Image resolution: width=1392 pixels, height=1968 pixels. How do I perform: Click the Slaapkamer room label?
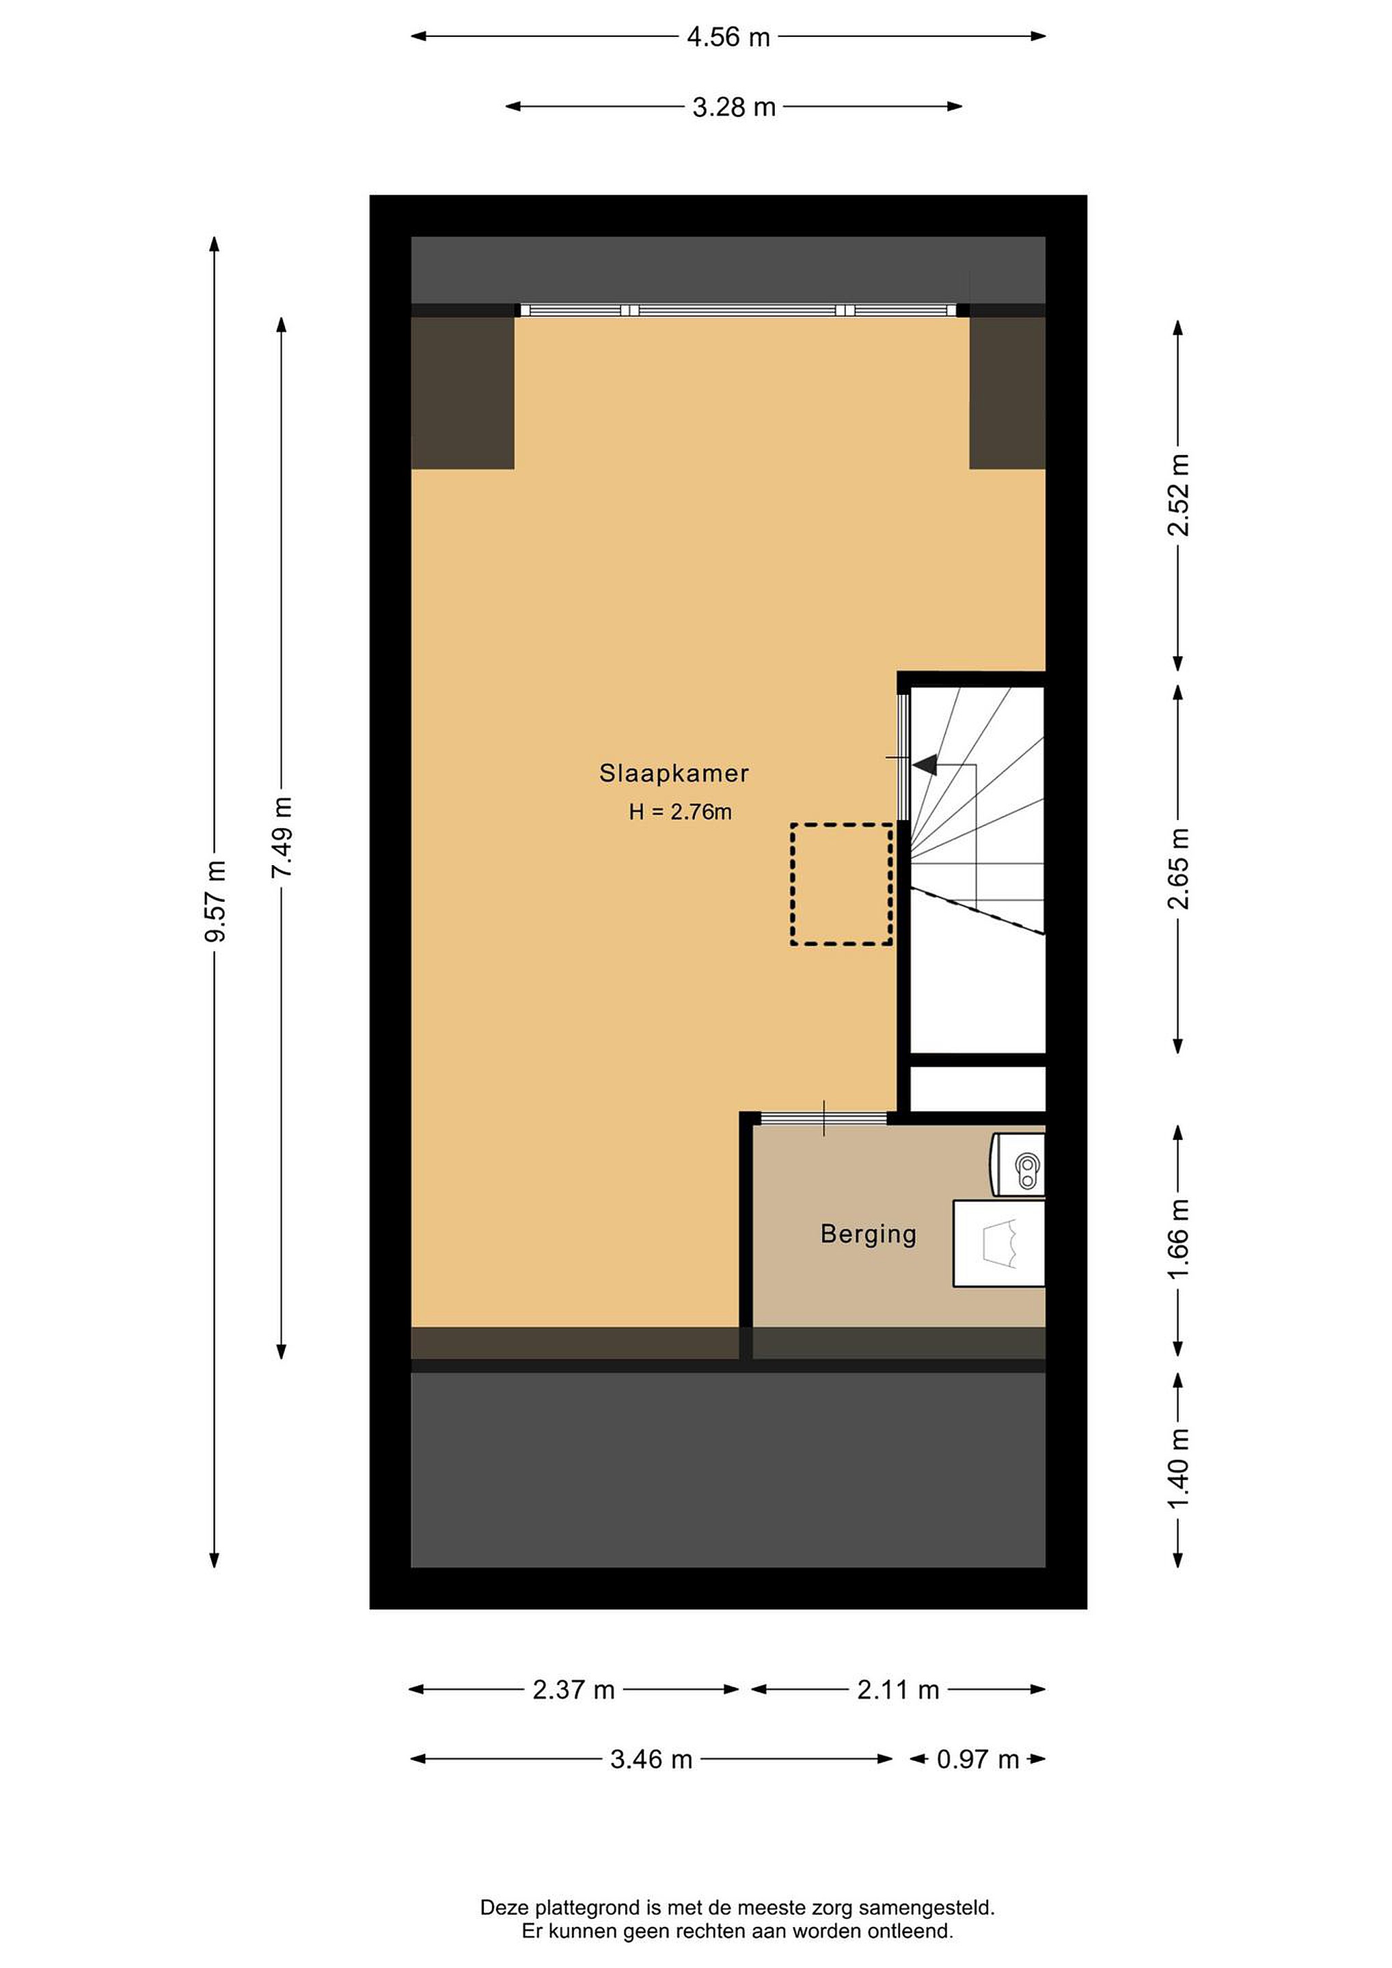(674, 774)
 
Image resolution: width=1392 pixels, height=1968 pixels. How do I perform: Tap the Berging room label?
(869, 1234)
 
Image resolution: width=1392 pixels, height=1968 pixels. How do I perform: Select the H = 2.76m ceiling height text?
(680, 812)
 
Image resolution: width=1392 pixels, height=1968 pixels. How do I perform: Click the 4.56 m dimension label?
(728, 37)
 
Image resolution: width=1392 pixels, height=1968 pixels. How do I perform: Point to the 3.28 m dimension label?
(734, 107)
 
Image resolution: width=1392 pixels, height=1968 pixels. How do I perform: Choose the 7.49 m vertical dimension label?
(282, 838)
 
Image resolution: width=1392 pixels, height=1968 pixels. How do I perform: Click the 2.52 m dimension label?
(1179, 495)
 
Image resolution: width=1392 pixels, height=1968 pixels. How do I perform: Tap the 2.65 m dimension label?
(1179, 869)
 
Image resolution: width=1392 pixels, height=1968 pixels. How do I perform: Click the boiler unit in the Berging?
(1019, 1164)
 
